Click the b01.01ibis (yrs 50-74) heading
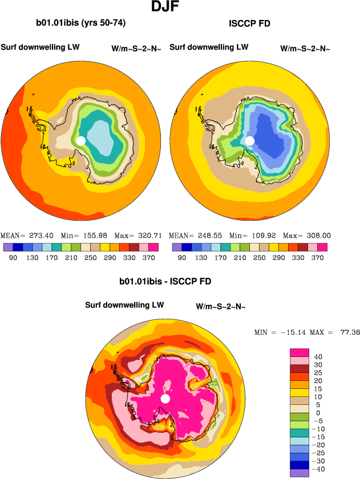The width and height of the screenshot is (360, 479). tap(80, 23)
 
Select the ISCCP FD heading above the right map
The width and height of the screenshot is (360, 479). tap(249, 24)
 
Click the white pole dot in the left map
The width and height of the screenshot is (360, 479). tap(80, 140)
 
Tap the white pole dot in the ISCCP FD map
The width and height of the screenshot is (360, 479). tap(249, 140)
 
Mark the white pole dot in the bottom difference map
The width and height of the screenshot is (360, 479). tap(165, 399)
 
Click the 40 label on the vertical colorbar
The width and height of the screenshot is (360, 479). tap(318, 357)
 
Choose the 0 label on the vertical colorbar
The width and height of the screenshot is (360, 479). tap(318, 413)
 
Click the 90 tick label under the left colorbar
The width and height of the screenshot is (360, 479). tap(13, 258)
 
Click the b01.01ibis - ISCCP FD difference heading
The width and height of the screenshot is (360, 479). tap(165, 282)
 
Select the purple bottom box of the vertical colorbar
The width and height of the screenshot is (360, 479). tap(300, 473)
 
